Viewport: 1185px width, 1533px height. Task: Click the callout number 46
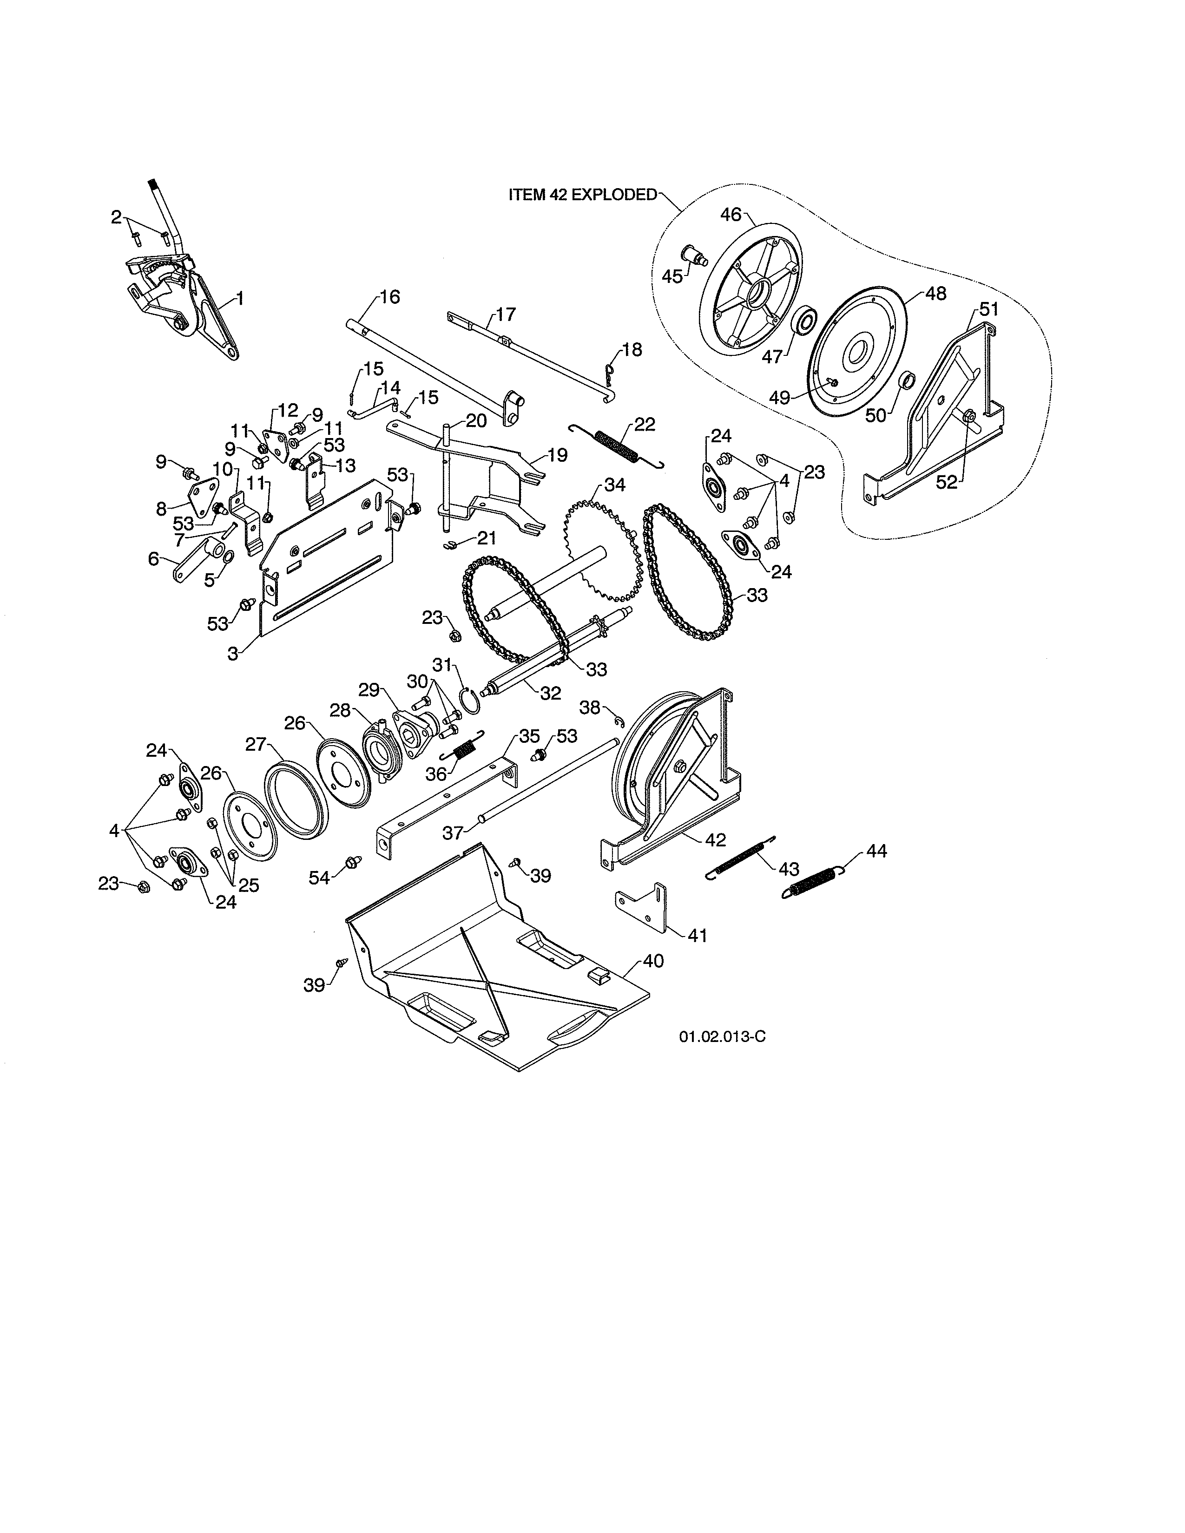click(731, 214)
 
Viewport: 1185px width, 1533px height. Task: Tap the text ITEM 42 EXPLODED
click(582, 195)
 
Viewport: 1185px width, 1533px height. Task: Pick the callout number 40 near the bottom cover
click(653, 961)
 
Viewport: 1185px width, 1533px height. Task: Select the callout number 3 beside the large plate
click(233, 654)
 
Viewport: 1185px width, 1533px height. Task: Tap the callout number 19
click(557, 455)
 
